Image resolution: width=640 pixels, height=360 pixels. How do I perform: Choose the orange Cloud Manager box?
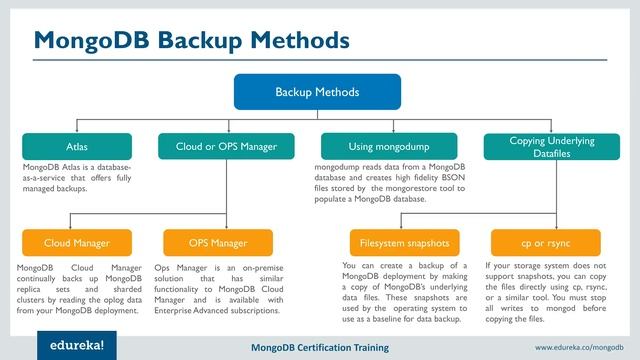(76, 242)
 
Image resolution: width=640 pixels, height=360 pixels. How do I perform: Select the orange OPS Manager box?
(217, 242)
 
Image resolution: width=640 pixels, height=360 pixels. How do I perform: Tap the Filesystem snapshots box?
(404, 242)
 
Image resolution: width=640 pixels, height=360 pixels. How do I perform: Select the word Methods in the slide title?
(299, 41)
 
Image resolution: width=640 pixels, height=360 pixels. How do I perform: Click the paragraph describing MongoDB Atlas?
(76, 177)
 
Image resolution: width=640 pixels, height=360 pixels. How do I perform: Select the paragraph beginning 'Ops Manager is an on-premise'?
(219, 290)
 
